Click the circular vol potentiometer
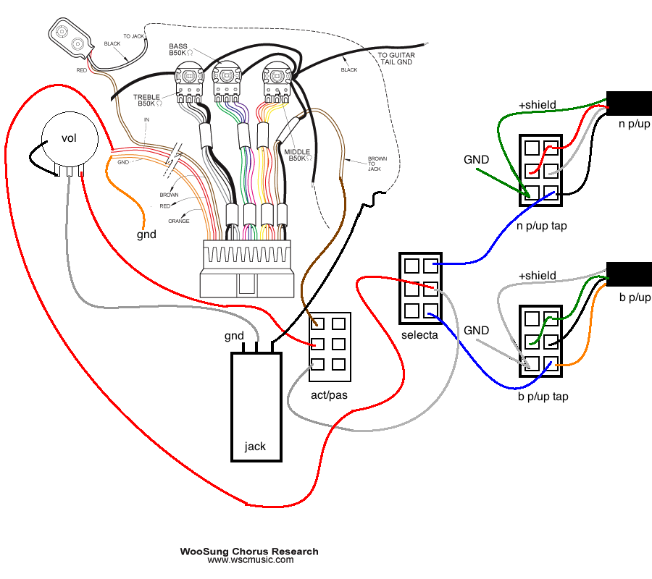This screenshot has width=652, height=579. (x=70, y=140)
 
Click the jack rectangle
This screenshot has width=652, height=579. (x=256, y=407)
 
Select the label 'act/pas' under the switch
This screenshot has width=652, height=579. (x=329, y=395)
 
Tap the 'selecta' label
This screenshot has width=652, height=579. (x=419, y=335)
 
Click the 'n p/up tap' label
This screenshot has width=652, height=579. (x=542, y=226)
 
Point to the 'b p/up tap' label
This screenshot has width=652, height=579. (x=543, y=397)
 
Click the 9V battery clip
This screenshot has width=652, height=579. (x=70, y=38)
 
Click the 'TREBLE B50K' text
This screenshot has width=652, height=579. (x=147, y=100)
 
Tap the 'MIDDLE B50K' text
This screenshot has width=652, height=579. (x=298, y=155)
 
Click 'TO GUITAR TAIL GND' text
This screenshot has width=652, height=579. (x=396, y=59)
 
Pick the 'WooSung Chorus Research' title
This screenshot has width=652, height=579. (x=249, y=551)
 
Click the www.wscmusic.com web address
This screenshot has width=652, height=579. (x=251, y=560)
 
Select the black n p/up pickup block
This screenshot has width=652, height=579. (x=629, y=103)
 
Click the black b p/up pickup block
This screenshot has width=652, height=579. (x=629, y=274)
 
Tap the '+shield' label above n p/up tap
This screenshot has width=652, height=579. (x=538, y=105)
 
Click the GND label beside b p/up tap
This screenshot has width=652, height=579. (x=476, y=331)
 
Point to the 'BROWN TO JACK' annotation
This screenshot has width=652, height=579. (x=377, y=164)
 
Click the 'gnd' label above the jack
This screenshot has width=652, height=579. (x=234, y=336)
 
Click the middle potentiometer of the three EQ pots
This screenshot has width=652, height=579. (x=226, y=83)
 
